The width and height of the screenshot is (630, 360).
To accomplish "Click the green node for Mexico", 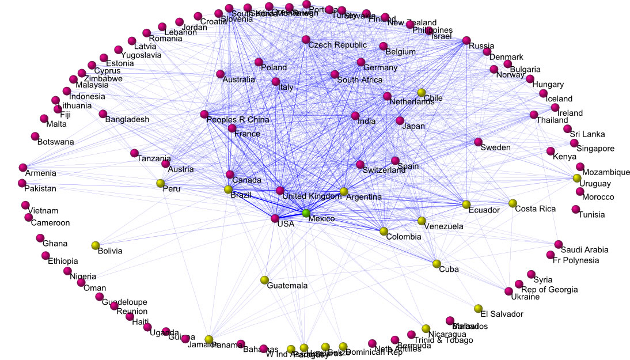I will pyautogui.click(x=306, y=214).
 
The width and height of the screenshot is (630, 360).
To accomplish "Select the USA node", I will pyautogui.click(x=275, y=218).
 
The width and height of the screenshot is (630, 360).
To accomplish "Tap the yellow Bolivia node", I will pyautogui.click(x=96, y=245).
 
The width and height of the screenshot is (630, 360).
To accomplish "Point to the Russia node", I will pyautogui.click(x=466, y=41).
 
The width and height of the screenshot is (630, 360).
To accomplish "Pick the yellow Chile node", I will pyautogui.click(x=421, y=93).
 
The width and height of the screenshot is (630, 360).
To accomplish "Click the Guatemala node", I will pyautogui.click(x=264, y=280).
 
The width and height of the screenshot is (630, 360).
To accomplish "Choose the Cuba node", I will pyautogui.click(x=437, y=264).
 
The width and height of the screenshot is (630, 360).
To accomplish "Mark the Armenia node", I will pyautogui.click(x=23, y=167).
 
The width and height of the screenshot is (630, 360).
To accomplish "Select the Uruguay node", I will pyautogui.click(x=577, y=178).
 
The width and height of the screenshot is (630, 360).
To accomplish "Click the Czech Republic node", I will pyautogui.click(x=305, y=40).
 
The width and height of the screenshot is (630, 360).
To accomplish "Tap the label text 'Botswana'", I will pyautogui.click(x=56, y=142).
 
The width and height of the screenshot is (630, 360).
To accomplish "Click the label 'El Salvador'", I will pyautogui.click(x=502, y=314).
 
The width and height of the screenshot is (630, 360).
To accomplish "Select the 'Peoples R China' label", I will pyautogui.click(x=238, y=120).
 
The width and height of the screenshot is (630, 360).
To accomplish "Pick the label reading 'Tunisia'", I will pyautogui.click(x=592, y=215).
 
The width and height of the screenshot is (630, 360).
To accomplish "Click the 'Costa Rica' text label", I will pyautogui.click(x=536, y=209).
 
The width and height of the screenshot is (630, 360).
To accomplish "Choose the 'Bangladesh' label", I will pyautogui.click(x=127, y=120).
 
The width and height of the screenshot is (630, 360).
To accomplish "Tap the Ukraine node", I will pyautogui.click(x=508, y=291).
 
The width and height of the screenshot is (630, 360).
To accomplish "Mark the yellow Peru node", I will pyautogui.click(x=161, y=184).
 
